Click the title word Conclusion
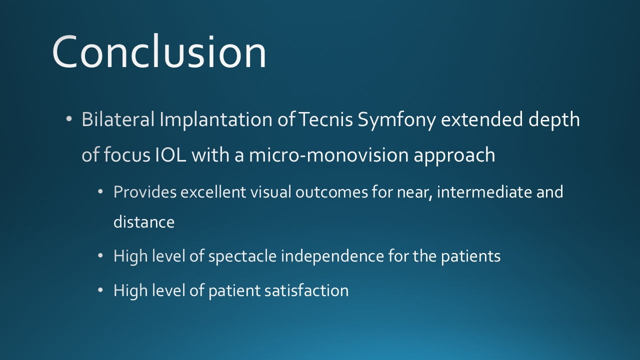[x=159, y=51]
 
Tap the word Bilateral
[x=118, y=119]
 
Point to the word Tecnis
[x=325, y=119]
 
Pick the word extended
[x=482, y=119]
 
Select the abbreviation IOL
[x=170, y=155]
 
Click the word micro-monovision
[x=328, y=155]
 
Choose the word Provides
[x=145, y=191]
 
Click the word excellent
[x=213, y=191]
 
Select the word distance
[x=144, y=222]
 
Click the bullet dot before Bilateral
[x=68, y=119]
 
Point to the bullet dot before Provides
[x=100, y=191]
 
